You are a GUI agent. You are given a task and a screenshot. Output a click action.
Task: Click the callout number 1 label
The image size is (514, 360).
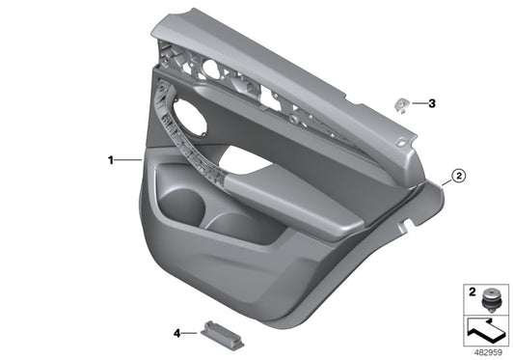[111, 157]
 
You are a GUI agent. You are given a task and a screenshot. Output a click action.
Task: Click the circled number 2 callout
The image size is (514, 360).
[459, 176]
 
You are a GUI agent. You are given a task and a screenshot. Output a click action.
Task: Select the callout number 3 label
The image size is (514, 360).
[432, 101]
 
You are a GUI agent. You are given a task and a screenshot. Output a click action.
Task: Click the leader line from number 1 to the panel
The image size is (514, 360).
[130, 157]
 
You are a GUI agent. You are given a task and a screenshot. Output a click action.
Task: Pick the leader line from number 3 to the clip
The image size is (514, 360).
[417, 101]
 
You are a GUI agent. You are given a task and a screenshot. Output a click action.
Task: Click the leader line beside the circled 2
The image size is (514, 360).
[444, 180]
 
